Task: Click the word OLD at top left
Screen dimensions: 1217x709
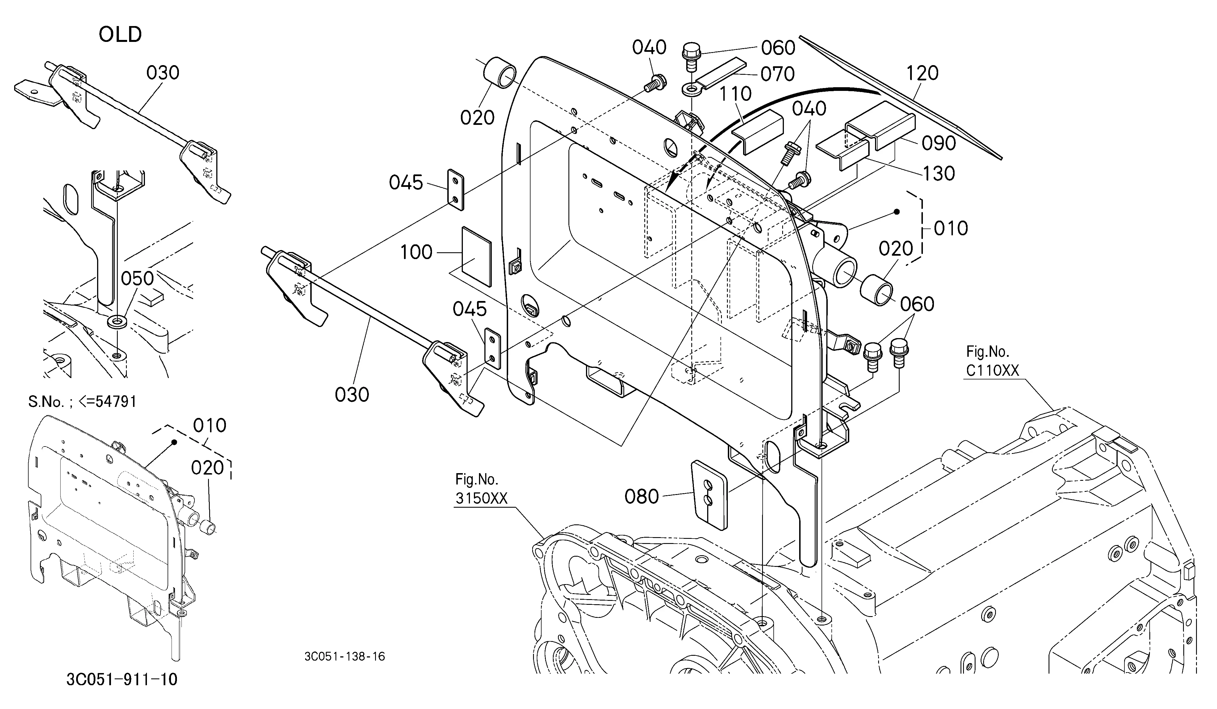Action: coord(120,35)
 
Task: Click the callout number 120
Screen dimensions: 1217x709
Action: coord(922,73)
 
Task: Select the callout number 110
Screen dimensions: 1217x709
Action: coord(735,94)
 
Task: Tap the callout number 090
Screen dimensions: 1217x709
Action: coord(938,143)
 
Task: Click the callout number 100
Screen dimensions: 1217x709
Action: coord(416,252)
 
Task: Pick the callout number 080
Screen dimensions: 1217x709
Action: coord(641,496)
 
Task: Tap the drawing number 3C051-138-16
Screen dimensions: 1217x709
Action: coord(345,656)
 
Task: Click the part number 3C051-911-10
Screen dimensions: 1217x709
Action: coord(122,680)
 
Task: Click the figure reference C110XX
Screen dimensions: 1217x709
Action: coord(993,370)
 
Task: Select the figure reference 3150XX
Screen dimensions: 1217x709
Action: coord(482,498)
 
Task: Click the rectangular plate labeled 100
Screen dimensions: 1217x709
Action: coord(476,257)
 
